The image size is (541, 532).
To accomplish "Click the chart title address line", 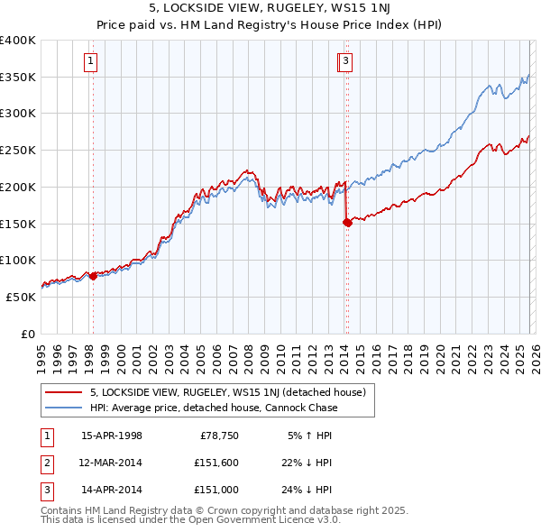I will pos(270,9).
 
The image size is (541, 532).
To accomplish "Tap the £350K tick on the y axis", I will pos(18,78).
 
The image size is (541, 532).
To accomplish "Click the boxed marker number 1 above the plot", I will pos(92,61).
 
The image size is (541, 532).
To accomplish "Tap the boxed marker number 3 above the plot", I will pos(346,61).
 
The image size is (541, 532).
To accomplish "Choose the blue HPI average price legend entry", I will pos(214,408).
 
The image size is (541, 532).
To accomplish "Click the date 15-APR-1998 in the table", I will pos(112,436).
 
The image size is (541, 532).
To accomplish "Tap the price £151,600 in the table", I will pos(215,463).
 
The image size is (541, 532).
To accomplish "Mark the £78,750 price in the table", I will pos(218,436).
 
